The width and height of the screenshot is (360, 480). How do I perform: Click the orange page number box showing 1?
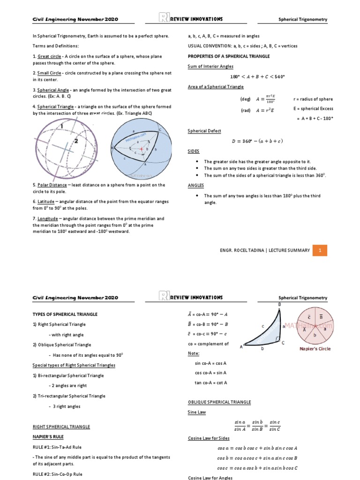pyautogui.click(x=320, y=250)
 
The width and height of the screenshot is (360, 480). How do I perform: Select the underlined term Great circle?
pyautogui.click(x=49, y=56)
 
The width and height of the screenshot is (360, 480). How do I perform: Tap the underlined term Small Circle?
pyautogui.click(x=50, y=73)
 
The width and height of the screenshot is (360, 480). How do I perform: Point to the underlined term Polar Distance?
pyautogui.click(x=52, y=185)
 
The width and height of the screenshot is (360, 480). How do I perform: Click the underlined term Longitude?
pyautogui.click(x=48, y=218)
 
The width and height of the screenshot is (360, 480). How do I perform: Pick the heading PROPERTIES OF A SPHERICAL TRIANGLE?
pyautogui.click(x=228, y=56)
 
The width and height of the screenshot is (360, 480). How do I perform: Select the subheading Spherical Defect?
pyautogui.click(x=204, y=131)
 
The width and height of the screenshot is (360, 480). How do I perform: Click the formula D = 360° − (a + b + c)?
pyautogui.click(x=257, y=141)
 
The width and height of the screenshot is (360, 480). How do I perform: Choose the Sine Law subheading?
pyautogui.click(x=197, y=412)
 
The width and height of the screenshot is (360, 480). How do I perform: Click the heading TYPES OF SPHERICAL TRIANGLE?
pyautogui.click(x=65, y=314)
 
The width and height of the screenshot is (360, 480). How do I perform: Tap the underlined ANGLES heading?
pyautogui.click(x=195, y=186)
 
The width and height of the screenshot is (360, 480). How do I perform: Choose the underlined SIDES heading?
pyautogui.click(x=194, y=151)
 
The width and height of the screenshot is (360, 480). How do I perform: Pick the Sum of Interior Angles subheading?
pyautogui.click(x=210, y=67)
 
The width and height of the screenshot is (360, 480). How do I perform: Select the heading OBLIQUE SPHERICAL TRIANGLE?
pyautogui.click(x=219, y=402)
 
